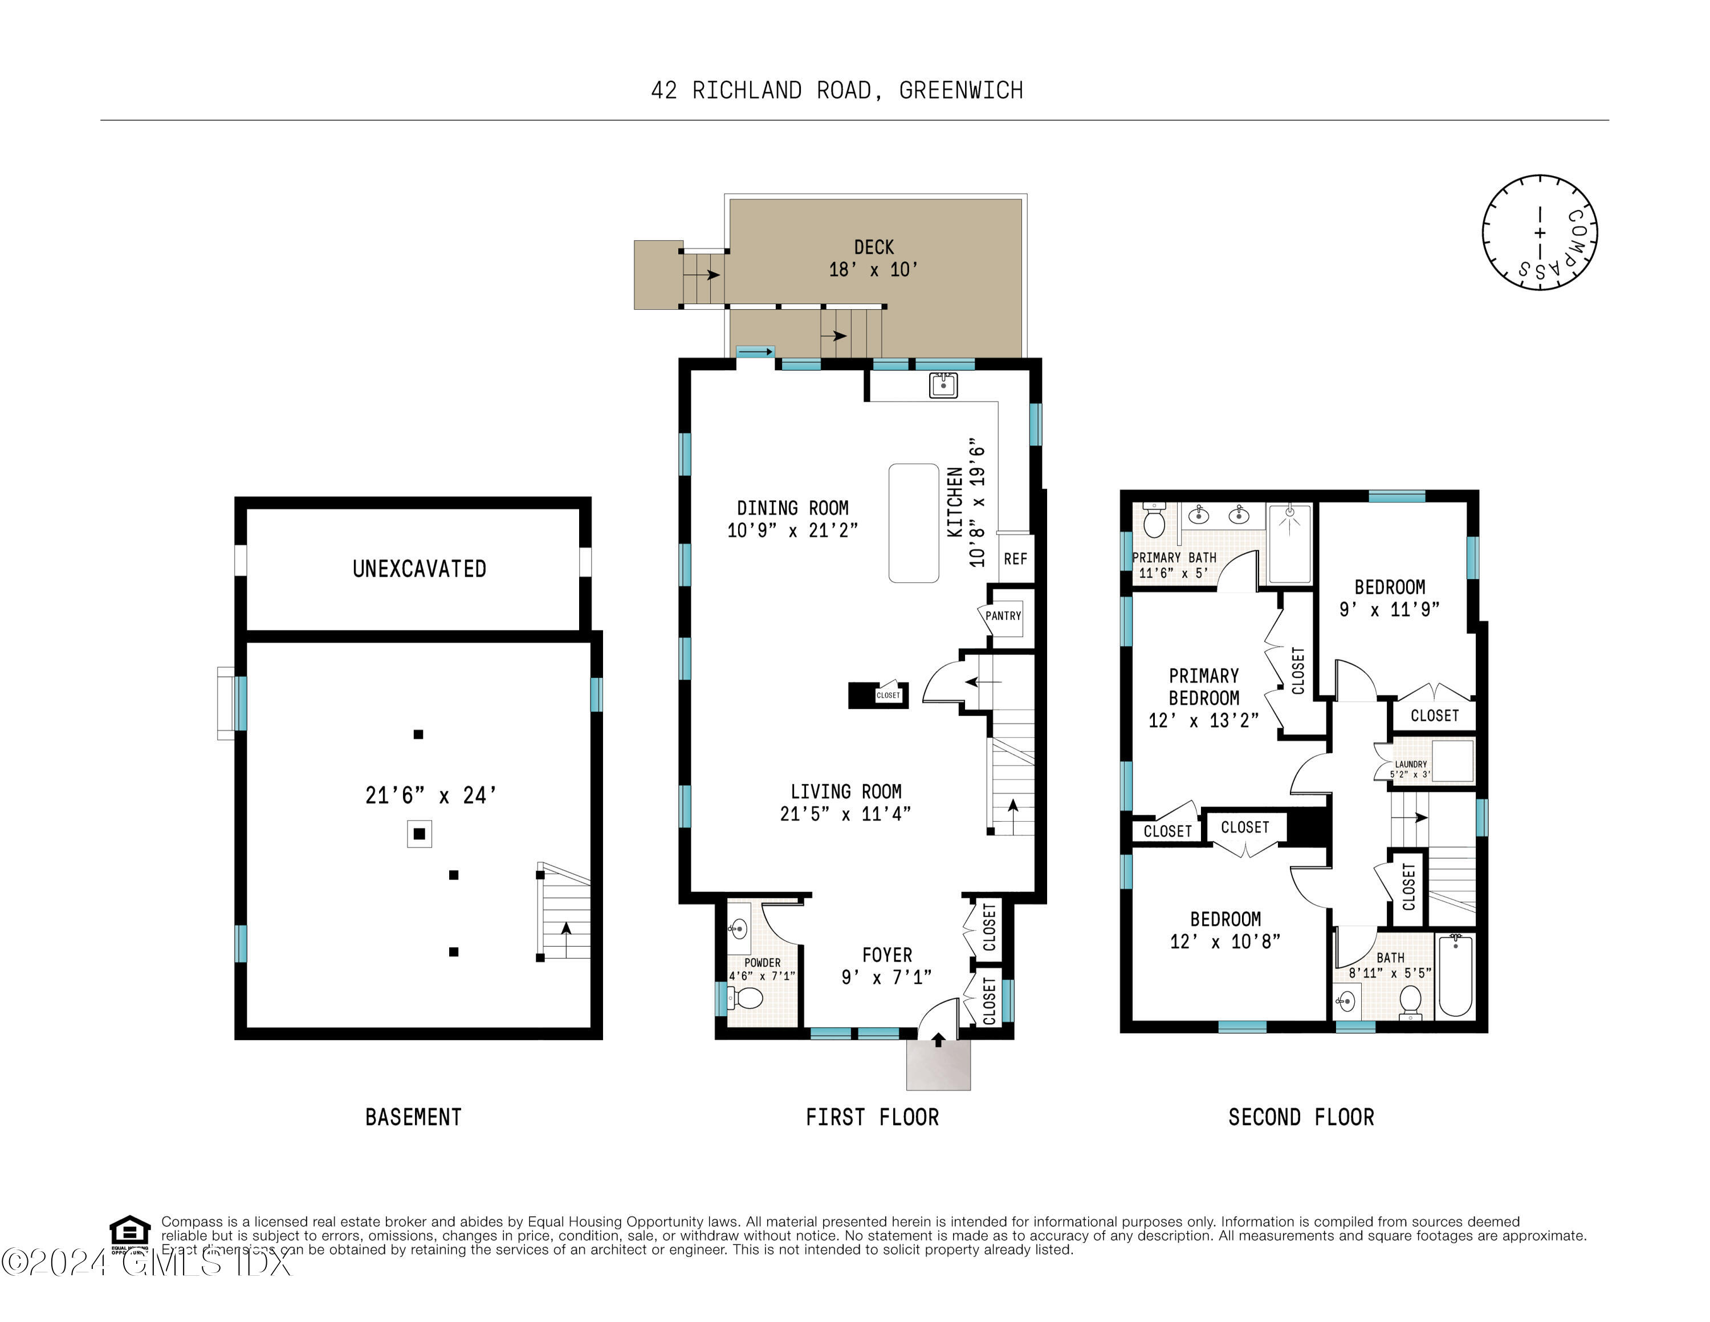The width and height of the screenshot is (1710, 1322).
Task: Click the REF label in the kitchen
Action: [x=1016, y=558]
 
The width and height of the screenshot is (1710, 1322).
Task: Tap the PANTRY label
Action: [x=1003, y=615]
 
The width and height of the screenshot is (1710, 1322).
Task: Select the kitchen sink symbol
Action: [x=943, y=386]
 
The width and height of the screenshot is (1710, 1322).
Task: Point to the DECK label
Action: [x=874, y=248]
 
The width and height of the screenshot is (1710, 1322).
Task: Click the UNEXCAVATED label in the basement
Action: [x=419, y=569]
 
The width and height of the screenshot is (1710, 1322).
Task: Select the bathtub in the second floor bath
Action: [x=1456, y=975]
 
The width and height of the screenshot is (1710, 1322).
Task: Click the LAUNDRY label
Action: [x=1411, y=764]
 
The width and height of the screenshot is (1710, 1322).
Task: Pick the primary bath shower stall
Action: [x=1289, y=543]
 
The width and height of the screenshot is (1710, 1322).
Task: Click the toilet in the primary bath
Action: [x=1154, y=519]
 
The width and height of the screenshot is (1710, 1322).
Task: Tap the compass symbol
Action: [x=1540, y=233]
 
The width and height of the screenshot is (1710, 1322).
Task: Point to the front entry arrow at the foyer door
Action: [x=938, y=1039]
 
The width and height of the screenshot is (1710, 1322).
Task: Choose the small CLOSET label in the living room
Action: [x=888, y=695]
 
